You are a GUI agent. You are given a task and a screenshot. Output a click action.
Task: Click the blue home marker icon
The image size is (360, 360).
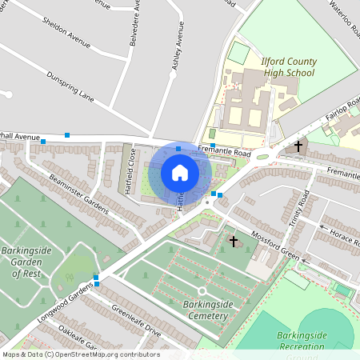[180, 173]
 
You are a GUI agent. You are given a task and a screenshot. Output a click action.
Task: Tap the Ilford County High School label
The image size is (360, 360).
[289, 67]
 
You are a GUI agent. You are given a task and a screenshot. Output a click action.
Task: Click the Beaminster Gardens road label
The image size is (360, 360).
[78, 193]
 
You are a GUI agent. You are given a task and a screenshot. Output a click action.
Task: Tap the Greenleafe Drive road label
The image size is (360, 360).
[136, 321]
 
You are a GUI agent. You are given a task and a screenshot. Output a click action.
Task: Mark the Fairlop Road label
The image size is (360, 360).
[343, 113]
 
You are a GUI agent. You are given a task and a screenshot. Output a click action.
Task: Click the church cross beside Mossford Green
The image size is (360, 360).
[234, 240]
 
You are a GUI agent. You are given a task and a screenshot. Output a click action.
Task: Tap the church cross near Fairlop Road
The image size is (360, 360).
[298, 146]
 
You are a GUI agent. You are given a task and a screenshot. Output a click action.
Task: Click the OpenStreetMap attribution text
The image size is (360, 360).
[80, 354]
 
